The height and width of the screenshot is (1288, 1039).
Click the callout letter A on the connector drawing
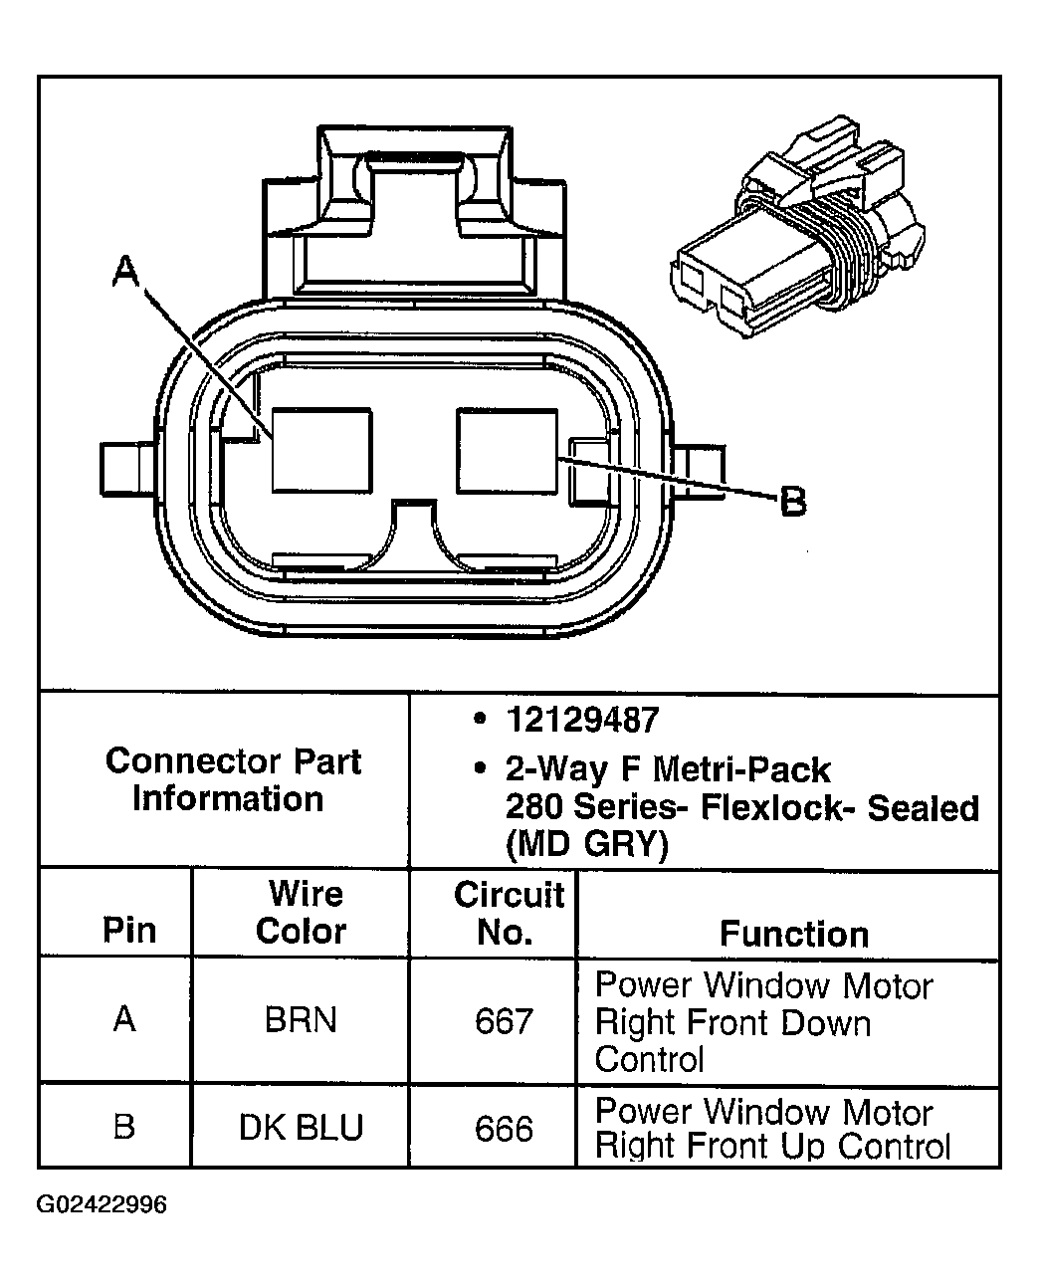tap(125, 270)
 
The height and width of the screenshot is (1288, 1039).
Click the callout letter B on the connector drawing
tap(792, 501)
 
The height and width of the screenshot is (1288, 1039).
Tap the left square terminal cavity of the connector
tap(321, 450)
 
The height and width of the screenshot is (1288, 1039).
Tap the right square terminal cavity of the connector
tap(506, 450)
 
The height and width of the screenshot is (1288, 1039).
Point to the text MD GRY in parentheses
tap(586, 846)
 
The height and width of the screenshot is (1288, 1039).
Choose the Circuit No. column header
tap(508, 913)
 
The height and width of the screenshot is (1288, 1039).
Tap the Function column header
tap(793, 934)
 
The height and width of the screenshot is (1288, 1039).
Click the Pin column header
tap(129, 931)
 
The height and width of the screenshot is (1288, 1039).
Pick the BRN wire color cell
tap(301, 1021)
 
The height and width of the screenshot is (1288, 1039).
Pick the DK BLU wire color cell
tap(301, 1128)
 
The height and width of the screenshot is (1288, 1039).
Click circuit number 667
tap(504, 1021)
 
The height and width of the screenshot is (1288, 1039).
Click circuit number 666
tap(504, 1128)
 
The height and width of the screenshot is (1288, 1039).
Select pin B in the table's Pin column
tap(124, 1127)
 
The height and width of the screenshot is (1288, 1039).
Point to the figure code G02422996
tap(102, 1205)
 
